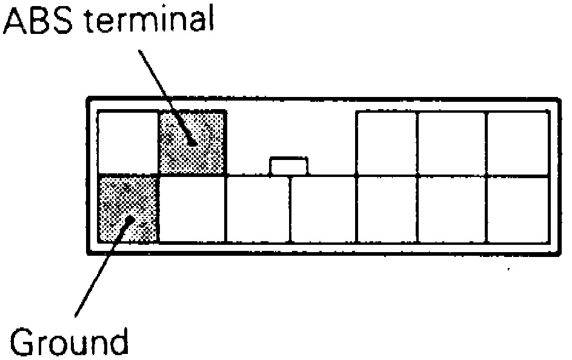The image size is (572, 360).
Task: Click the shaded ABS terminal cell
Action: (x=192, y=143)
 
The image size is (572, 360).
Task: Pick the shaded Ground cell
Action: (x=128, y=209)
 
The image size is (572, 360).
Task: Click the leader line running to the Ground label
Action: (x=100, y=273)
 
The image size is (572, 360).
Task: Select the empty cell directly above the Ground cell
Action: (x=128, y=143)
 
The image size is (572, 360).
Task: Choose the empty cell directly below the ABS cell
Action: (x=192, y=209)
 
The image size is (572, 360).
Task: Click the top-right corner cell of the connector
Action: (x=518, y=143)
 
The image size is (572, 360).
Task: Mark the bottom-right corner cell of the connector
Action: (x=518, y=209)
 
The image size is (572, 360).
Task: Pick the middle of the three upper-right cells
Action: (x=452, y=143)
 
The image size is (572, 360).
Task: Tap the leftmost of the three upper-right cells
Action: (x=387, y=143)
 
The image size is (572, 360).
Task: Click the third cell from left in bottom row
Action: (x=258, y=209)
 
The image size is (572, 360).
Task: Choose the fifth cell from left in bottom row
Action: (x=387, y=209)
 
